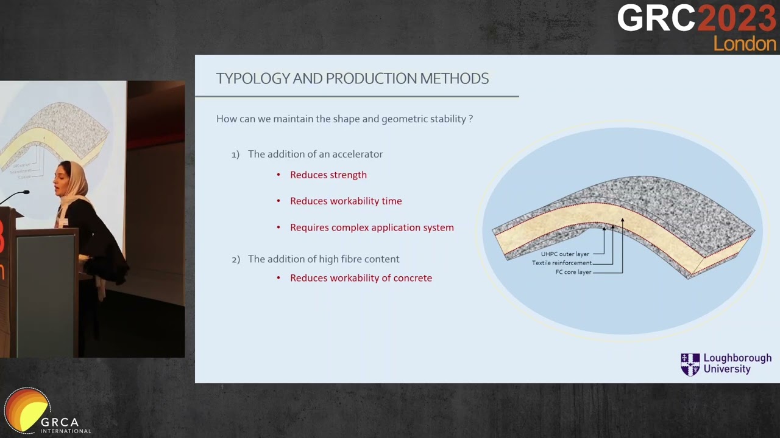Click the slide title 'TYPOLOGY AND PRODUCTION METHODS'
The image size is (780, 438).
(x=352, y=78)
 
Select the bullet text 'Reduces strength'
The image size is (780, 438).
(x=328, y=175)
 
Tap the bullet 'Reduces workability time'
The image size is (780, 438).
(x=346, y=201)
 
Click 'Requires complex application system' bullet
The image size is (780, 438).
(x=372, y=228)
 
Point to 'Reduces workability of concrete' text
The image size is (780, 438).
(x=361, y=278)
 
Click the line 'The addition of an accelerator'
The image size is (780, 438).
(x=315, y=155)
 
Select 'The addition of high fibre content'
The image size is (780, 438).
(x=323, y=259)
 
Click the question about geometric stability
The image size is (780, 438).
(x=344, y=119)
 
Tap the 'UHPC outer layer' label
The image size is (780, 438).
(x=565, y=254)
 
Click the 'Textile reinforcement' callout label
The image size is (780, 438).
(x=561, y=263)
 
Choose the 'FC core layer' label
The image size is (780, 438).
(x=573, y=273)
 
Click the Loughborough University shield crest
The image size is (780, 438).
(x=690, y=364)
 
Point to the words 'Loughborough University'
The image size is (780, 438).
(x=737, y=364)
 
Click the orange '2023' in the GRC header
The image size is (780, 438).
(x=736, y=18)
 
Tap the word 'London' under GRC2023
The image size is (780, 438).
(x=744, y=44)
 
